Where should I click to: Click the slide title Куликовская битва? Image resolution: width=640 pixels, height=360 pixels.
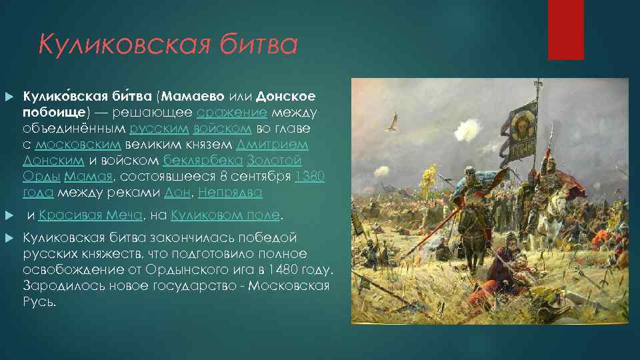167,45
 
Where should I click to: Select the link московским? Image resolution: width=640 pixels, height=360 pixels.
77,145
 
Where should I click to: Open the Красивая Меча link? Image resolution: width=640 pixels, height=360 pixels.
90,215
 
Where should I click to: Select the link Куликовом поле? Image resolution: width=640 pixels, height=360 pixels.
227,215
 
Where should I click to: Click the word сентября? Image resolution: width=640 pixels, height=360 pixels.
264,177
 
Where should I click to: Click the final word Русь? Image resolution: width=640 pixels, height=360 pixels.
39,301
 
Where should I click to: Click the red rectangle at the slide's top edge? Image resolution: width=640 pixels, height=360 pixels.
565,29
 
